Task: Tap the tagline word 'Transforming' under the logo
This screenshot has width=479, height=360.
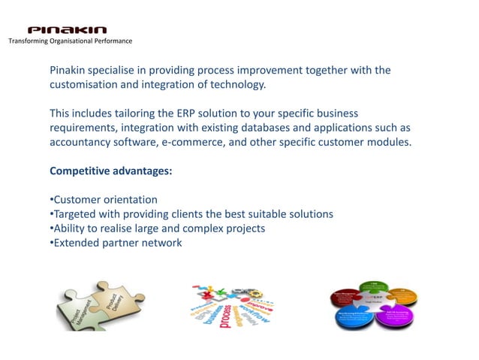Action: pyautogui.click(x=29, y=41)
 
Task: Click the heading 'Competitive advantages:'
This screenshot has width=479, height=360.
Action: pyautogui.click(x=110, y=171)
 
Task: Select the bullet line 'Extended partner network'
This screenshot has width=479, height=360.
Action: pyautogui.click(x=116, y=243)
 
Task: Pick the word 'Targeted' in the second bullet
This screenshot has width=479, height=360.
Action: pyautogui.click(x=74, y=214)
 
